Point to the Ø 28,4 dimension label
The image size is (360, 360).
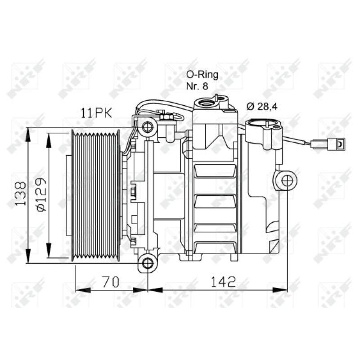tap(263, 106)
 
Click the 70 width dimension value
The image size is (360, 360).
tap(110, 282)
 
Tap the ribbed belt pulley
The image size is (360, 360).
tap(96, 194)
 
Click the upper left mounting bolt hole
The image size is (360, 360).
tap(147, 127)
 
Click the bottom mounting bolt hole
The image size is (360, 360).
tap(147, 262)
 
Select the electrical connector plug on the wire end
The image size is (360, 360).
tap(335, 144)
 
